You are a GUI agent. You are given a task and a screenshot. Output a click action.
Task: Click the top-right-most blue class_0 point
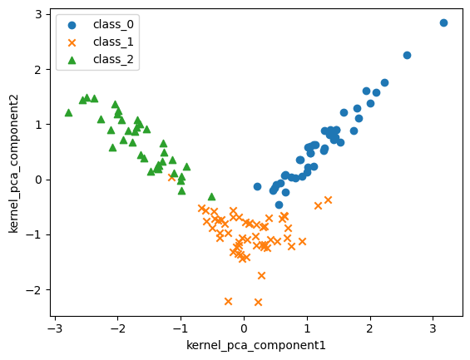pyautogui.click(x=443, y=22)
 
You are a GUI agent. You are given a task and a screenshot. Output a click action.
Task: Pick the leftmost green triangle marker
pyautogui.click(x=68, y=112)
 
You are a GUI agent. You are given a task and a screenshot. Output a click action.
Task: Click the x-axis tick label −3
pyautogui.click(x=54, y=328)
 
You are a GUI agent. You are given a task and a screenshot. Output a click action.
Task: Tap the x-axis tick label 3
pyautogui.click(x=433, y=328)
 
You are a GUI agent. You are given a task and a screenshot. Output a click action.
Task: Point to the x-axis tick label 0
pyautogui.click(x=244, y=328)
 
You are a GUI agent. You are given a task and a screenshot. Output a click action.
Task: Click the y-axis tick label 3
pyautogui.click(x=39, y=14)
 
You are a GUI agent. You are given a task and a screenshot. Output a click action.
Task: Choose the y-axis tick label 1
pyautogui.click(x=39, y=125)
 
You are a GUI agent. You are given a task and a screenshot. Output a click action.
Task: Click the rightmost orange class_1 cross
pyautogui.click(x=328, y=200)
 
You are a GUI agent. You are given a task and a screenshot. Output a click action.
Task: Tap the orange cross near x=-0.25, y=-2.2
pyautogui.click(x=228, y=301)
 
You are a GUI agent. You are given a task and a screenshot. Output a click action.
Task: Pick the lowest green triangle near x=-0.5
pyautogui.click(x=211, y=196)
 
